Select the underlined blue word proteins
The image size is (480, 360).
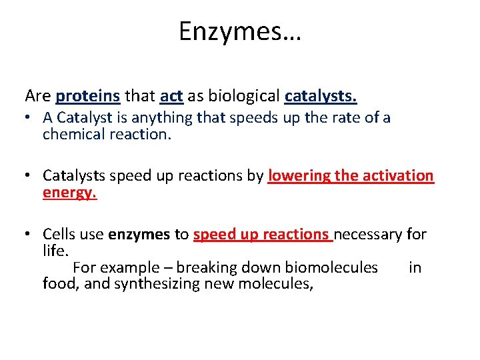(x=88, y=96)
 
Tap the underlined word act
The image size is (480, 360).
(x=171, y=96)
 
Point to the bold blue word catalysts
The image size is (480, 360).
(x=321, y=96)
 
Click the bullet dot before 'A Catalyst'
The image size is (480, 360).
(x=31, y=119)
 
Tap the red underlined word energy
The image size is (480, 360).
(x=69, y=193)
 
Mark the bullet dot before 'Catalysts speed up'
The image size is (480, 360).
(x=31, y=177)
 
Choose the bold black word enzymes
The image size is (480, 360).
(x=139, y=235)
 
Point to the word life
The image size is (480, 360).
(x=55, y=251)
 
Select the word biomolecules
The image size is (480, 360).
(x=331, y=268)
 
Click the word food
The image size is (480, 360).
(x=59, y=285)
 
